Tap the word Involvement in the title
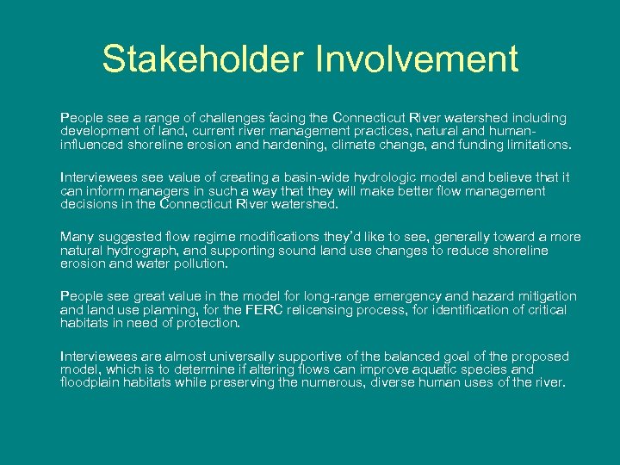[x=418, y=59]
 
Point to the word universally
[x=236, y=356]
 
